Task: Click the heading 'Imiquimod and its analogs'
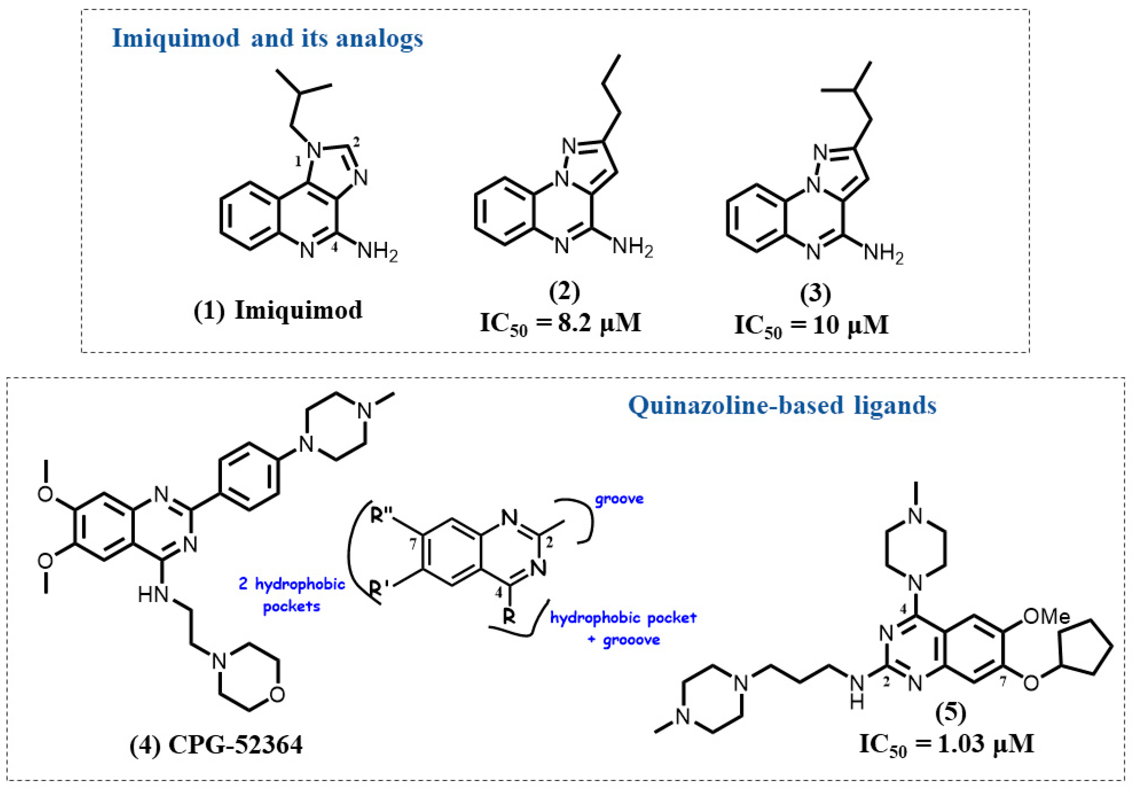point(267,38)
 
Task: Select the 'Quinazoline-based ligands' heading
point(782,406)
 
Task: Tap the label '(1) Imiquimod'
point(278,311)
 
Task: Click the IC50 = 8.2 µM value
point(561,323)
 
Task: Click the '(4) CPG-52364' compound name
point(216,745)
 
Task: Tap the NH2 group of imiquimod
point(377,251)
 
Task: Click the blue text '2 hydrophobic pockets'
point(291,595)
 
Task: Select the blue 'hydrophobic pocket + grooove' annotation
point(623,628)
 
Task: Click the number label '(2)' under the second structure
point(565,292)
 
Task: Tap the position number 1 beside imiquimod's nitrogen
point(298,161)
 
